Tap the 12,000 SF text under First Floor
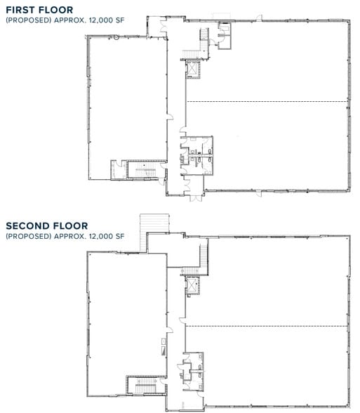coord(105,20)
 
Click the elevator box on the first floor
coord(192,70)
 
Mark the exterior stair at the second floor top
coord(148,225)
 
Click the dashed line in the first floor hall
coord(267,103)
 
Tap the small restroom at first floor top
coord(225,35)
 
